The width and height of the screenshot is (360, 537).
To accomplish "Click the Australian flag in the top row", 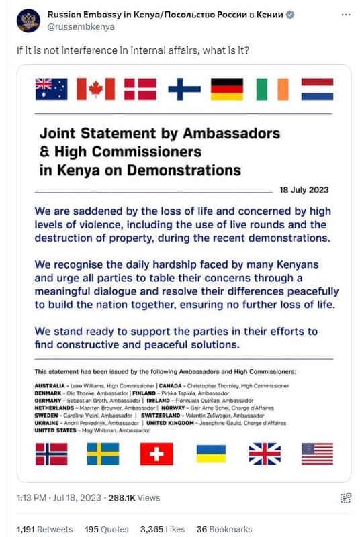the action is [51, 89].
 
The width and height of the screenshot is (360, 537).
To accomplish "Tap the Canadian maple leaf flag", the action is [95, 89].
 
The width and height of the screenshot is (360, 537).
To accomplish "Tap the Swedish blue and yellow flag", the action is [103, 454].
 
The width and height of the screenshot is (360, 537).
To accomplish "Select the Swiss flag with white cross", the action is [156, 454].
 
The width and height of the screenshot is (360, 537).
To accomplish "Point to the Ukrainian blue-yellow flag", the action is [211, 454].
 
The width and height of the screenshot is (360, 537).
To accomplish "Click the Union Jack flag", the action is [265, 454].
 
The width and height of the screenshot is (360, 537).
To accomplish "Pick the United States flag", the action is [317, 454].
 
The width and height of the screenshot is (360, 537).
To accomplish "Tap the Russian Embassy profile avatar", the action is [28, 21].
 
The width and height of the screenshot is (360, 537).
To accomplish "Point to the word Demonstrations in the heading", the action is [180, 170].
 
